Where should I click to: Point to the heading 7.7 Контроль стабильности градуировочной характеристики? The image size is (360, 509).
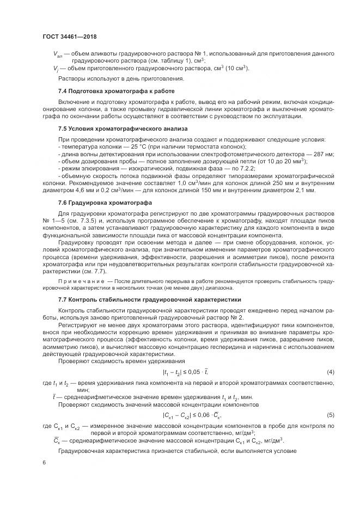[144, 300]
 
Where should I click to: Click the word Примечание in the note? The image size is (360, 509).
[82, 280]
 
